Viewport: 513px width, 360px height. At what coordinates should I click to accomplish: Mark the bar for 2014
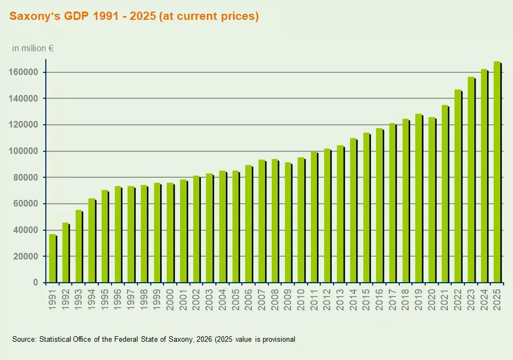click(x=353, y=210)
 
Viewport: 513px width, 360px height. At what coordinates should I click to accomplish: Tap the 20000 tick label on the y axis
click(x=28, y=256)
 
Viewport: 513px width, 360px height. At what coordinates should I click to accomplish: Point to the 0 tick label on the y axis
click(x=35, y=283)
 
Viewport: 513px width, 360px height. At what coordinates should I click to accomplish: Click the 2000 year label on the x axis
click(x=171, y=300)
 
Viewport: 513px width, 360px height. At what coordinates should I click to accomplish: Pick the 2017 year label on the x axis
click(x=393, y=300)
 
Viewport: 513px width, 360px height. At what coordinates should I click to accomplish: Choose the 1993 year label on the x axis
click(x=79, y=300)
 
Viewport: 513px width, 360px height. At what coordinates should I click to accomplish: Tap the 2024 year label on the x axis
click(x=484, y=300)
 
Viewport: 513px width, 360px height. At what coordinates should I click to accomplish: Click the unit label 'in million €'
click(x=33, y=49)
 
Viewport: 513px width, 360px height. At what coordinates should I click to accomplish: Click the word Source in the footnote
click(x=24, y=339)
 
